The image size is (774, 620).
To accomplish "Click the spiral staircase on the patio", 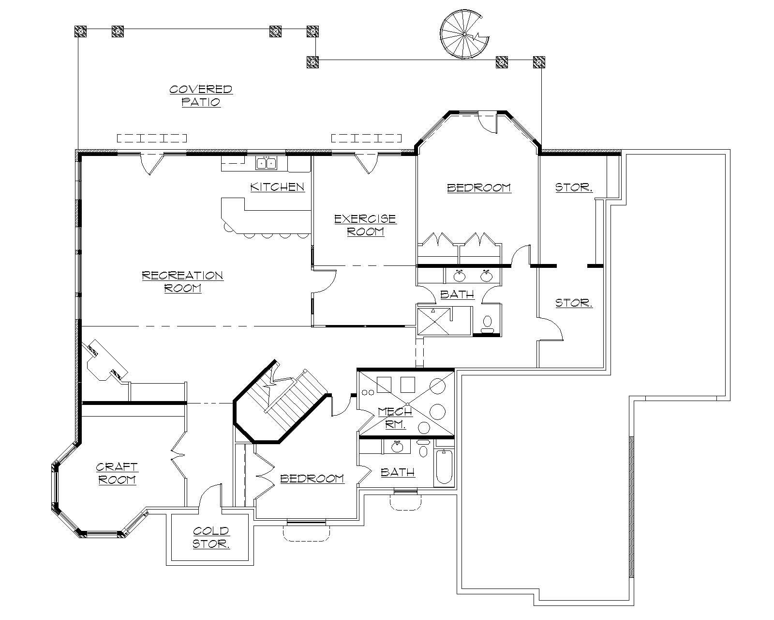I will coord(463,35).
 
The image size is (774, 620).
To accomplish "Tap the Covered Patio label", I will coord(201,95).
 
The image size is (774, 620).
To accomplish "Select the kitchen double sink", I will coord(266,163).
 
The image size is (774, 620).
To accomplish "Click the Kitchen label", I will coord(277,187).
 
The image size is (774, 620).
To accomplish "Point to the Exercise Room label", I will coord(365,225).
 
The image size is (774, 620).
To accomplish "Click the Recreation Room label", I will coord(182,282).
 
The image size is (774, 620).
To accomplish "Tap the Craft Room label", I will coord(117,473).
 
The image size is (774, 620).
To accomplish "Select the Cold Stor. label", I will coord(210,538).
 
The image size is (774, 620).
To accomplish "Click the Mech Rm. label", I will coord(394,418).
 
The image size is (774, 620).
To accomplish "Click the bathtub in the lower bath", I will coord(443,468).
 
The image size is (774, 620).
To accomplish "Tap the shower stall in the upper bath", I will coord(433,321).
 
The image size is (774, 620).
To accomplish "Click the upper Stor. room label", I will coord(573,187).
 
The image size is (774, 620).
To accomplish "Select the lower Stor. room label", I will coord(573,303).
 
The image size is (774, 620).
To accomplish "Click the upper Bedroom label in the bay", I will coord(478,188).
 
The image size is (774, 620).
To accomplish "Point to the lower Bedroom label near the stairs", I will coord(312,479).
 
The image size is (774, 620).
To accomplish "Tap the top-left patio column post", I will coord(80,32).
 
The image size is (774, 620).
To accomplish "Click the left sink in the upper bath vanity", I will coord(459,276).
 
